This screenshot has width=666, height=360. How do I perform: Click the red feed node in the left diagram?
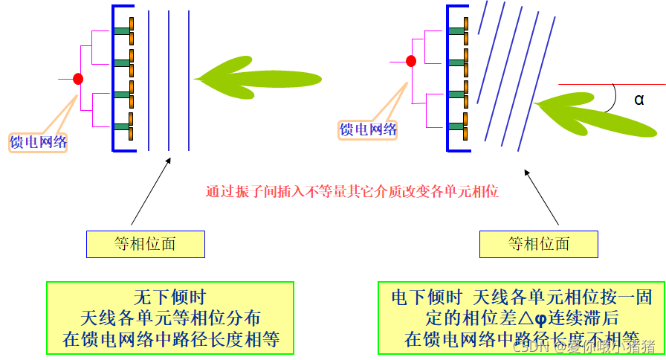(x=78, y=78)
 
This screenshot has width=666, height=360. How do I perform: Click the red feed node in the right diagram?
(x=411, y=61)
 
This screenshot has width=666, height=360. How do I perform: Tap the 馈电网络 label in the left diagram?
(x=37, y=142)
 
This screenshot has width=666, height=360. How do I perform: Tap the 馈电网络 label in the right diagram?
(x=369, y=129)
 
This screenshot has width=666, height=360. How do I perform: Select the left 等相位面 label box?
(x=146, y=243)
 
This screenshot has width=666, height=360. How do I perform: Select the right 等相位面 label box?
(x=539, y=243)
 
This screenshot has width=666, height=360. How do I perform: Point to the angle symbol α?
(x=638, y=99)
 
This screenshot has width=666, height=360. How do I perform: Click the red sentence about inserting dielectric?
(x=352, y=190)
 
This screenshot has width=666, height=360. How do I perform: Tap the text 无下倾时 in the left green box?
(x=169, y=296)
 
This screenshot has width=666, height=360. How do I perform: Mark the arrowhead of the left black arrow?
(x=168, y=159)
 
